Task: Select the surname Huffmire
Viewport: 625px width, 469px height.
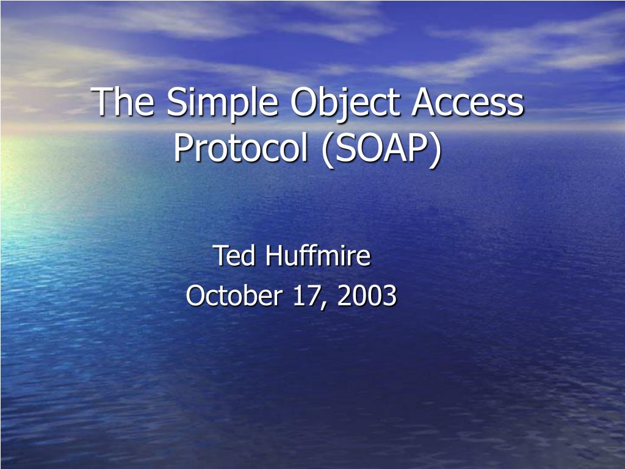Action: pos(318,255)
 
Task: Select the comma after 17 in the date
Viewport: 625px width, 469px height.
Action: pos(322,303)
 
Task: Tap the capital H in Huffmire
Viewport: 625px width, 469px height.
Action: pos(273,255)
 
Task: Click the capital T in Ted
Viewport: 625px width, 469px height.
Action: pos(219,255)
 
